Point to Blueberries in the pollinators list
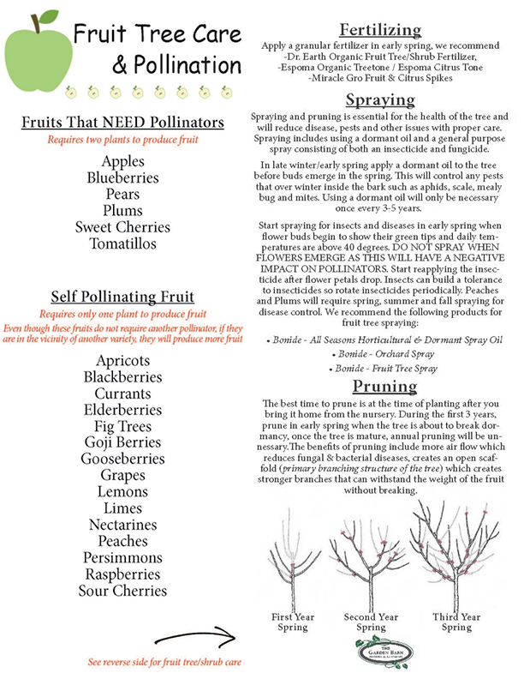click(x=122, y=178)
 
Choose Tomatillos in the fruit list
click(x=122, y=243)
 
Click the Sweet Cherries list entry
click(x=122, y=227)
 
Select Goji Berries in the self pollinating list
click(x=122, y=442)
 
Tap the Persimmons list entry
click(x=122, y=557)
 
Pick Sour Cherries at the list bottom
click(x=122, y=590)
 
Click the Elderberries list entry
click(x=122, y=410)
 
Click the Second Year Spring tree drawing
click(x=371, y=562)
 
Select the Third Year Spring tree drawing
click(x=455, y=557)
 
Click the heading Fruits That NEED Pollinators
click(x=123, y=123)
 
